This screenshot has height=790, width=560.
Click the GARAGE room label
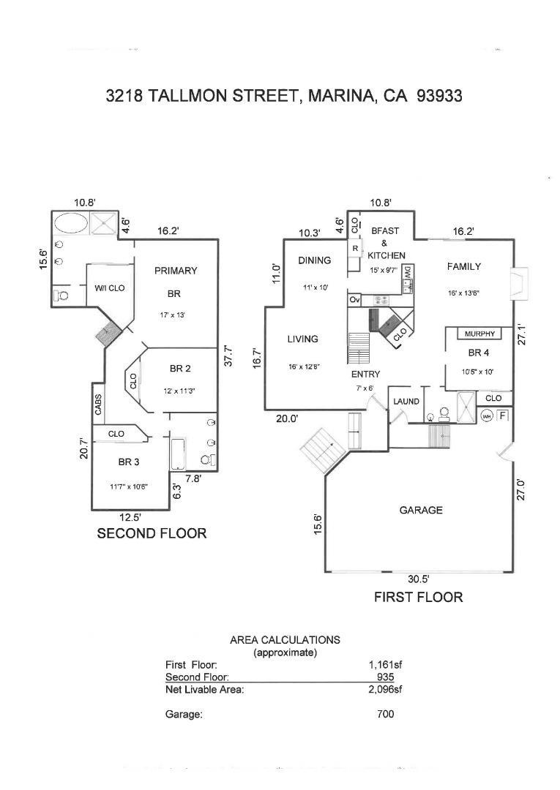click(x=421, y=510)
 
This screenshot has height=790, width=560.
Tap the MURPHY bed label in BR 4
click(x=479, y=334)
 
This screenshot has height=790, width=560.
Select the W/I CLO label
click(x=109, y=288)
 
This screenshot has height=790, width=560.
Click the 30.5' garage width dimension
click(x=418, y=579)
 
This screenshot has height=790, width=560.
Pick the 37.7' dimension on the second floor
click(x=228, y=355)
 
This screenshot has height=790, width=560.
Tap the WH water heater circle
click(x=487, y=416)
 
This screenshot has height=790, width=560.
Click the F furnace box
click(x=503, y=415)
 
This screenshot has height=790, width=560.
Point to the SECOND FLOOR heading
click(x=152, y=533)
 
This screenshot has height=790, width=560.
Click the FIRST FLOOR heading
click(x=418, y=597)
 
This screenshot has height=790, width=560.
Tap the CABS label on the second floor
click(x=98, y=405)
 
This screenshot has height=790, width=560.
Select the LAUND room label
click(x=406, y=401)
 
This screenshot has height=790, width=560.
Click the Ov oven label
click(x=354, y=300)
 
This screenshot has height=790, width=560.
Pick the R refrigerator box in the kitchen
click(x=354, y=248)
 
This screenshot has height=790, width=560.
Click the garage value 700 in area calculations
click(x=385, y=714)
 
